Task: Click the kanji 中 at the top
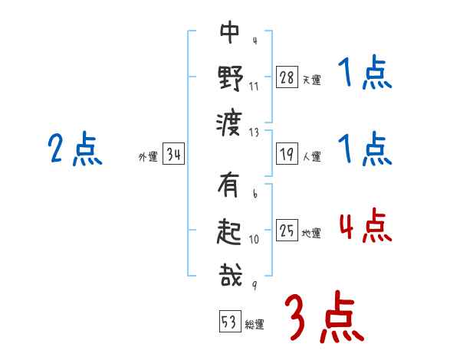pyautogui.click(x=230, y=32)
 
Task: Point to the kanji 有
pyautogui.click(x=230, y=187)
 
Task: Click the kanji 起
pyautogui.click(x=230, y=231)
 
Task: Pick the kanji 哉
pyautogui.click(x=230, y=275)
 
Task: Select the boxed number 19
pyautogui.click(x=287, y=154)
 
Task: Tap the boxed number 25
pyautogui.click(x=287, y=231)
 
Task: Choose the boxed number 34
pyautogui.click(x=173, y=155)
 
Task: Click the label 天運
pyautogui.click(x=311, y=80)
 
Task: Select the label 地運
pyautogui.click(x=311, y=234)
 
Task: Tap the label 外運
pyautogui.click(x=148, y=157)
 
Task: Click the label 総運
pyautogui.click(x=255, y=324)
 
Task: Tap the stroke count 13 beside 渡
pyautogui.click(x=255, y=132)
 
